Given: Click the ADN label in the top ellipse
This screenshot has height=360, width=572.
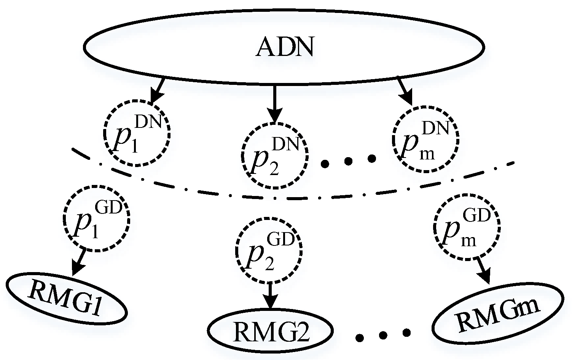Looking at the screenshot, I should (x=285, y=48).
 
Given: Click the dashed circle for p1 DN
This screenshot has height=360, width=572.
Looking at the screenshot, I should (x=137, y=133).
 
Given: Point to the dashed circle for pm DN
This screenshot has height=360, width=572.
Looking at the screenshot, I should (x=425, y=141).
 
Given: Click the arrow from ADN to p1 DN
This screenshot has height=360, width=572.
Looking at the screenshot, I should (x=158, y=91).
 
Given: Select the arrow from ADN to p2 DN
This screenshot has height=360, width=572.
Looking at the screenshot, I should (x=274, y=103).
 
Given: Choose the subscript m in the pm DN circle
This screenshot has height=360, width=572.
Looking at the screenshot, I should (x=426, y=156).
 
